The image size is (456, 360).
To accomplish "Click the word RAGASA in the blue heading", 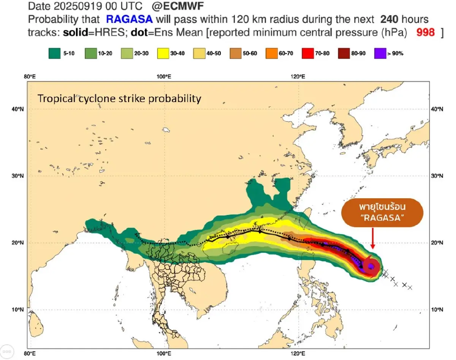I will pyautogui.click(x=129, y=19).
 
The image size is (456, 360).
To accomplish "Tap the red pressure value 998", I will pyautogui.click(x=426, y=32).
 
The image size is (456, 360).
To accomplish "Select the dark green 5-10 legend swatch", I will pyautogui.click(x=55, y=54).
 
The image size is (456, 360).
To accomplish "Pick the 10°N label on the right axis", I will pyautogui.click(x=438, y=309).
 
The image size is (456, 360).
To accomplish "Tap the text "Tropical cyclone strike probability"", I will pyautogui.click(x=119, y=99).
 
